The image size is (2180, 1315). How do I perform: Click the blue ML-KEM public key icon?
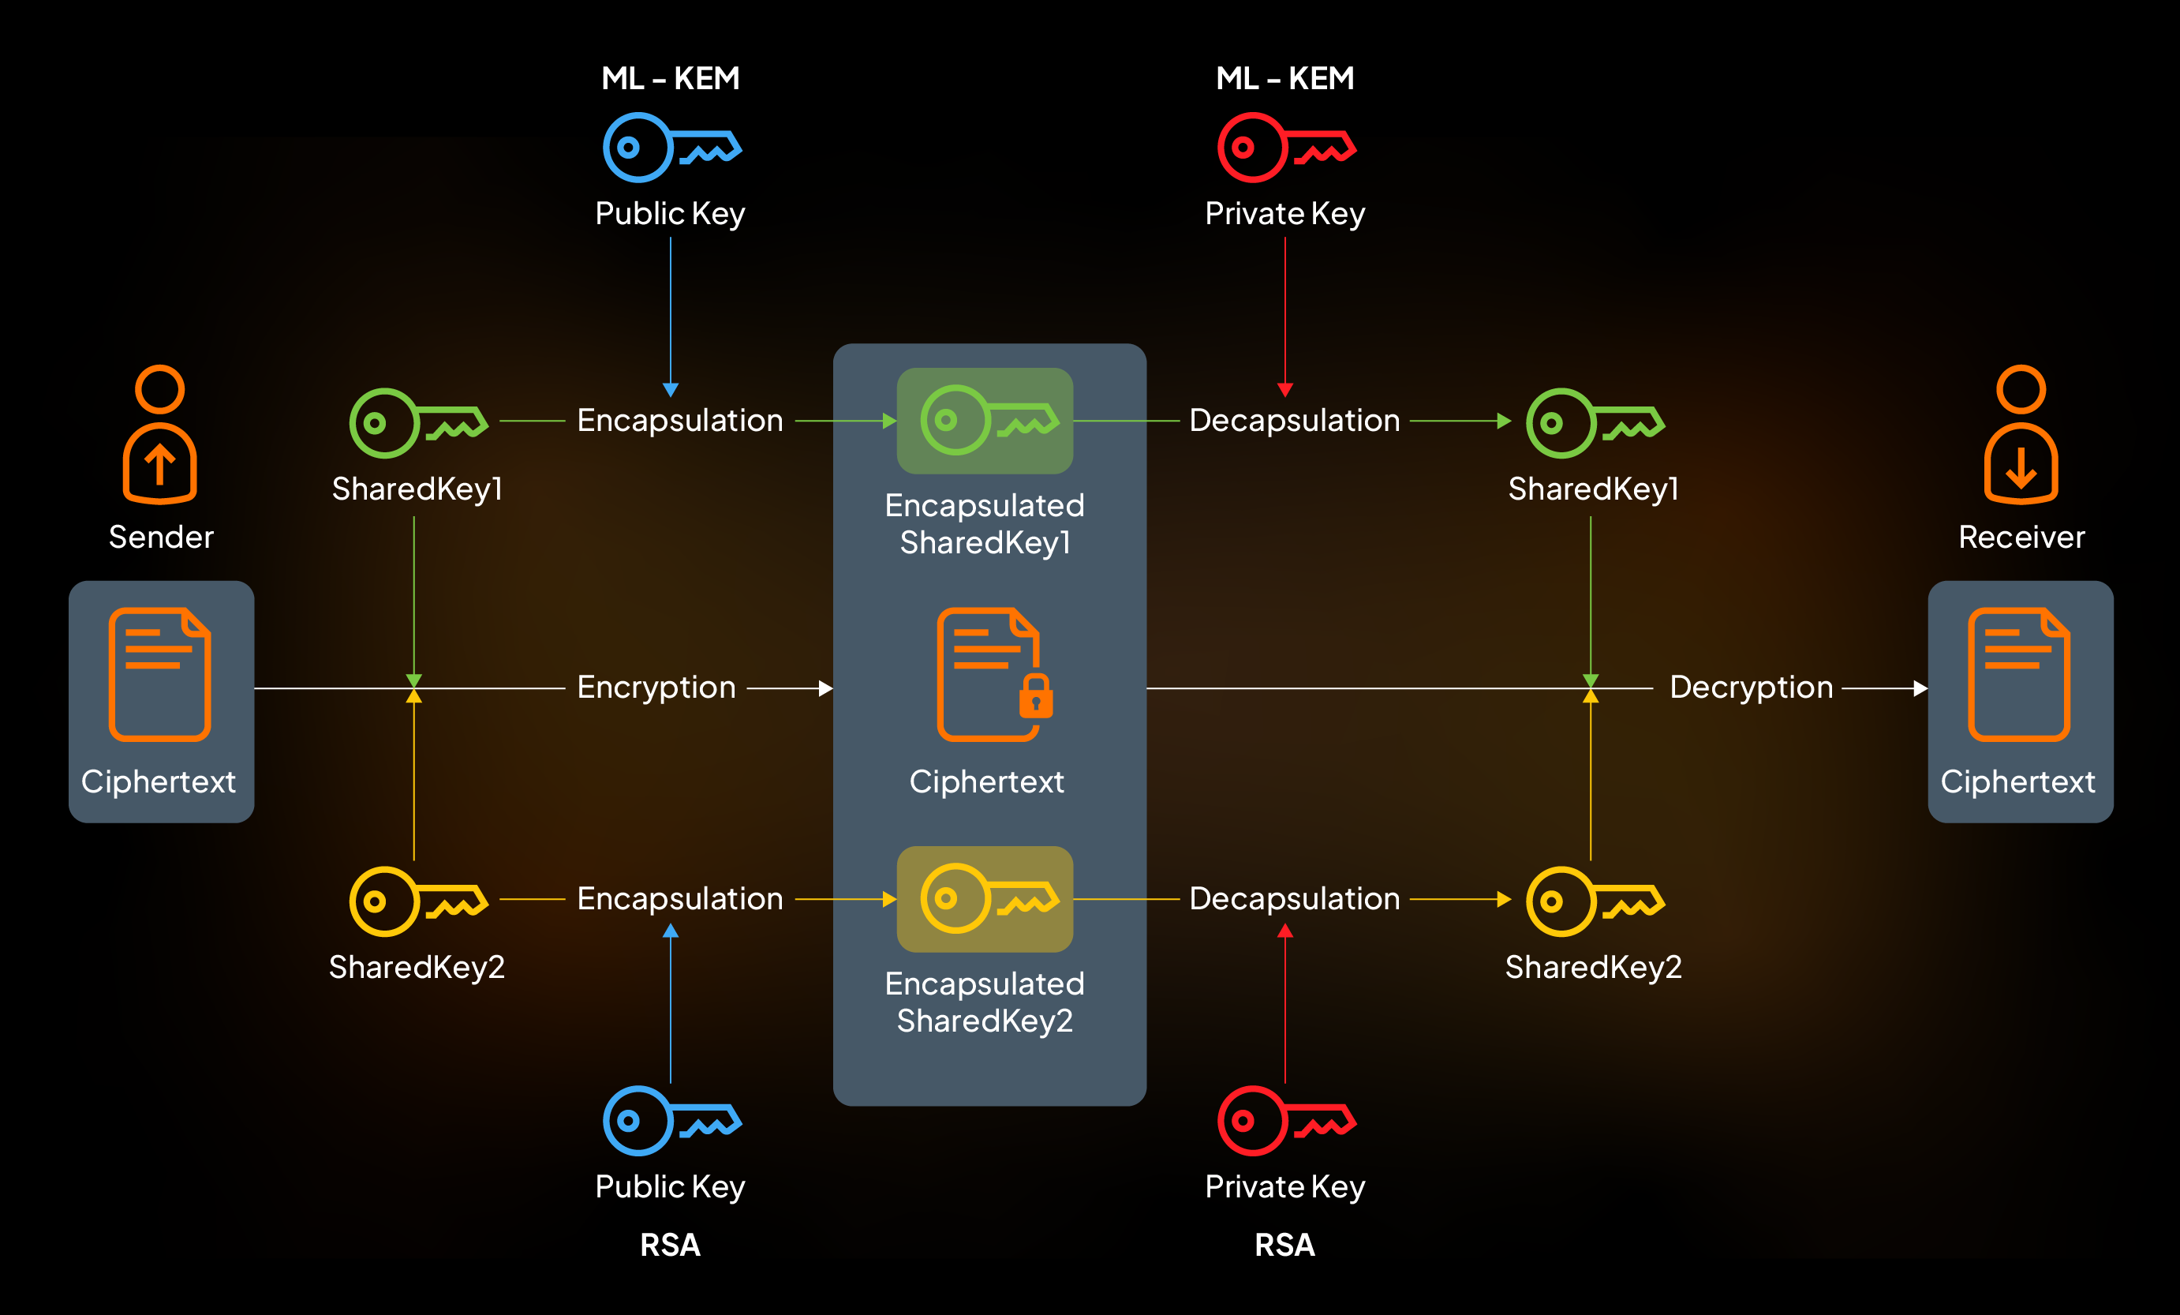coord(671,147)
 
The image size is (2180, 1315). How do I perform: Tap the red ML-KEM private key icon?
coord(1285,147)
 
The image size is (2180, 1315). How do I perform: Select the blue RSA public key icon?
coord(671,1120)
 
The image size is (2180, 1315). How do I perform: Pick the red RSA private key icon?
coord(1285,1120)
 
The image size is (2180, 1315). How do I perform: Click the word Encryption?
coord(656,687)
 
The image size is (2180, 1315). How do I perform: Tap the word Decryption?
coord(1750,687)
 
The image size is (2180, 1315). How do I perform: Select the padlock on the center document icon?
coord(1035,696)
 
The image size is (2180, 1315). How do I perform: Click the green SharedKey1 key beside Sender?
coord(417,423)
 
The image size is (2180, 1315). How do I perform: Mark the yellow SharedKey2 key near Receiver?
coord(1595,901)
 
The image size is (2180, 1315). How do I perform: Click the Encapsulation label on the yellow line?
coord(679,899)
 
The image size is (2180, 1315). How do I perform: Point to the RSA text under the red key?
coord(1284,1245)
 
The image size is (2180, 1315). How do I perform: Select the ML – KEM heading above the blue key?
coord(671,79)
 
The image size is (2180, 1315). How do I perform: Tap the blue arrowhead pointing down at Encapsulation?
coord(671,390)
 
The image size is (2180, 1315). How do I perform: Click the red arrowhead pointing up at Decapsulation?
coord(1285,931)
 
